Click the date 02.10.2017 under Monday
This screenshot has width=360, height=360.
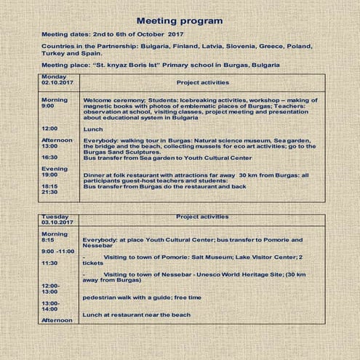57,83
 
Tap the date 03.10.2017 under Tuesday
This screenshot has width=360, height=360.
57,223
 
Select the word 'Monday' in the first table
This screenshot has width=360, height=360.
53,76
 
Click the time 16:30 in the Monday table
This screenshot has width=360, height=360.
49,156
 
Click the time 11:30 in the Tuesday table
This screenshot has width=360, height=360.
49,263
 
